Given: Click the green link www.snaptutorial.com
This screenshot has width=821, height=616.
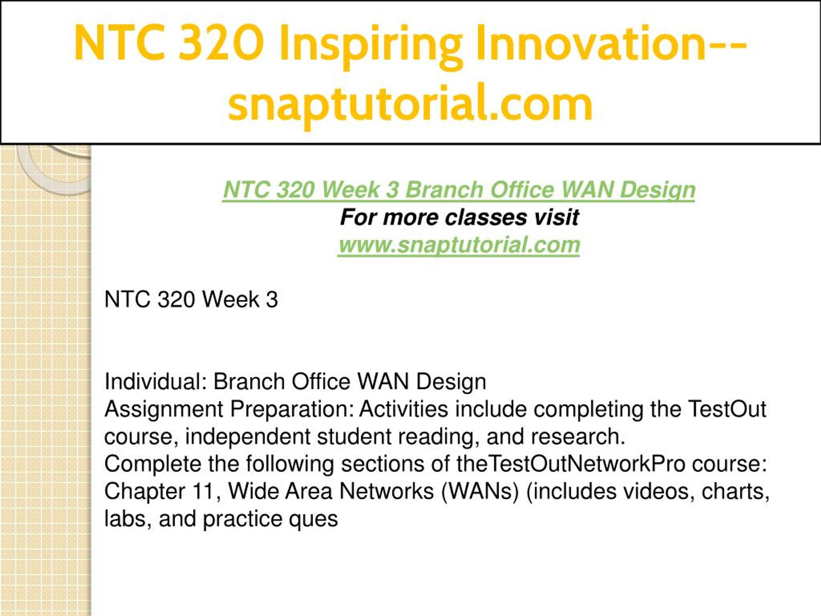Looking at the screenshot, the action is click(x=459, y=245).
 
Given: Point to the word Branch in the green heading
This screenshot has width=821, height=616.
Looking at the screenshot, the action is click(x=444, y=190).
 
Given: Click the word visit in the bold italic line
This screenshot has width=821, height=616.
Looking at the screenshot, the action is click(x=556, y=217).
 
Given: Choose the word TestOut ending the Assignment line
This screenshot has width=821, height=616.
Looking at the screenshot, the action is click(x=727, y=409).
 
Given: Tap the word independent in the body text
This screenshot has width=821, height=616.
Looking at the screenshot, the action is click(x=248, y=437).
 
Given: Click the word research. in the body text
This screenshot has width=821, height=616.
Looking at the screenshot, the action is click(x=578, y=437).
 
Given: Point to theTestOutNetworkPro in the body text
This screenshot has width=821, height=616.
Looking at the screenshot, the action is click(x=571, y=464).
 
